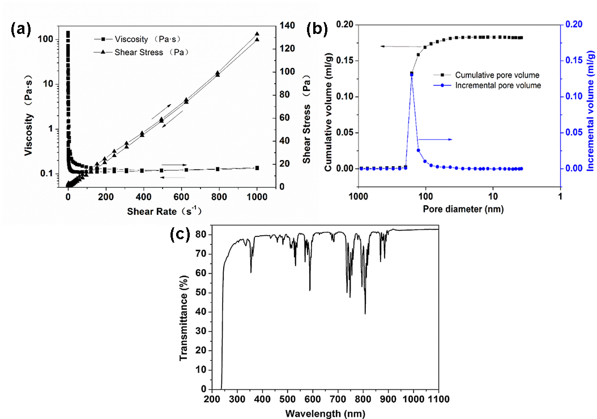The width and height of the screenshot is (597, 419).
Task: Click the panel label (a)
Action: click(22, 30)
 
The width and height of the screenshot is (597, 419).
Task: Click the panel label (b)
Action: click(317, 30)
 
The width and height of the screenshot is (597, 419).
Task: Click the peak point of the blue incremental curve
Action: click(412, 75)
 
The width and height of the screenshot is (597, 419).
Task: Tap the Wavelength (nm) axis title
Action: click(321, 413)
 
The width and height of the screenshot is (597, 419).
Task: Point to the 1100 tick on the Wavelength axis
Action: click(438, 400)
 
